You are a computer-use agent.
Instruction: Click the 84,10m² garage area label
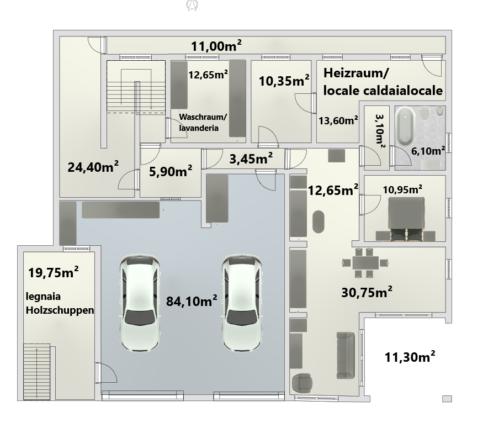click(192, 301)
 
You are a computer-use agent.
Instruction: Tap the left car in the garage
click(140, 303)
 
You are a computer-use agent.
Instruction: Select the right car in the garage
click(242, 303)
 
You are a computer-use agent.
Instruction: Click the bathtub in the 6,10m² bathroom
click(405, 126)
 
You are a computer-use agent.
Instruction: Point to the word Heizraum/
click(356, 73)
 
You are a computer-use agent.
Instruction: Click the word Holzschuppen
click(60, 310)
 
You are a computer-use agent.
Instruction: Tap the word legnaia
click(43, 297)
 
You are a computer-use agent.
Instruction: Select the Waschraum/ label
click(203, 117)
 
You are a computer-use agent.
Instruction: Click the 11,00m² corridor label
click(216, 46)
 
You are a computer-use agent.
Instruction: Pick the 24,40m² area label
click(93, 167)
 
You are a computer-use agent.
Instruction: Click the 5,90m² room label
click(171, 171)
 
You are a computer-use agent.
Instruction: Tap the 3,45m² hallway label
click(251, 159)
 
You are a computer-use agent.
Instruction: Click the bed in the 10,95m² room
click(406, 219)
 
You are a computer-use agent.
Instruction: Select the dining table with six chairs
click(365, 263)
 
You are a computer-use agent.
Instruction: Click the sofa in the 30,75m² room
click(346, 356)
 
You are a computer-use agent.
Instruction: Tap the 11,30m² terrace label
click(410, 357)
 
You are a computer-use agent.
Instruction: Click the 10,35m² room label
click(284, 81)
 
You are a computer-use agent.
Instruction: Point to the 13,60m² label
click(338, 120)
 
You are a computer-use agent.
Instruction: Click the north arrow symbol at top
click(192, 6)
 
